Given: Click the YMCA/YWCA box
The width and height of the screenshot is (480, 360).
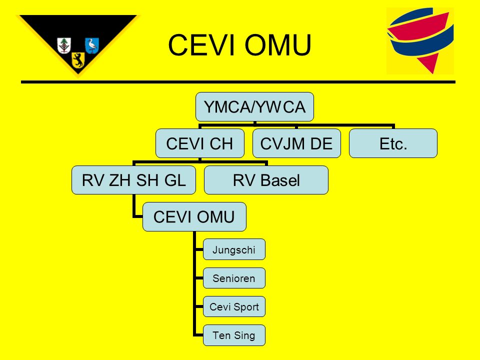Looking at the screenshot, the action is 254,107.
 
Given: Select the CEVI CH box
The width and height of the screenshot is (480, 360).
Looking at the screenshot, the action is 200,143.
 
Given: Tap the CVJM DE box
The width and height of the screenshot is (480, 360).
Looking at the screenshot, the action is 296,143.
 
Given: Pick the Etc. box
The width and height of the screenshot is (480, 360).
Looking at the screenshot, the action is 393,143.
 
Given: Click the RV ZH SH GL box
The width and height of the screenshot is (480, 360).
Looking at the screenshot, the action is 134,180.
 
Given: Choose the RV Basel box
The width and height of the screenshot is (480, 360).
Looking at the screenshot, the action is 266,180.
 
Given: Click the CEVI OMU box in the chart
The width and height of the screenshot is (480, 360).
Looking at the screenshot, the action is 194,216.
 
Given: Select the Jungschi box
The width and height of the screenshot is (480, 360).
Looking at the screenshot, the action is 234,249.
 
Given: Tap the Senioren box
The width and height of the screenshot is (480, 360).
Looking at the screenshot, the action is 234,278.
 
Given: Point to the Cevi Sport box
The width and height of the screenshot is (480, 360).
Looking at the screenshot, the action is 234,306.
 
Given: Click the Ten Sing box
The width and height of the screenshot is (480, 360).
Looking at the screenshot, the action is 234,335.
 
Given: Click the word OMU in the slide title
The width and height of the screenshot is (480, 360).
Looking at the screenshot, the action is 278,45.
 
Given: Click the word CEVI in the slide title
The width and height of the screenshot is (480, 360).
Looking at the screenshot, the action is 201,45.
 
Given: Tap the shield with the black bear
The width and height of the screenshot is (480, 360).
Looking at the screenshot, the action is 78,60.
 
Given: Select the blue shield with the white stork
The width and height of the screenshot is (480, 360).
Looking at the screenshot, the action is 92,45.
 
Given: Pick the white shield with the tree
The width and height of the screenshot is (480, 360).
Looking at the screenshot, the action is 64,45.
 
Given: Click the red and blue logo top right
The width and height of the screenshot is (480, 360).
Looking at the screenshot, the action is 420,41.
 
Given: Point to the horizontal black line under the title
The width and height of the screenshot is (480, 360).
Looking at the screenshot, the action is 238,82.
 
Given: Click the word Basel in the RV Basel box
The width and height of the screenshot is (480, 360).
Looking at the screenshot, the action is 280,180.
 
